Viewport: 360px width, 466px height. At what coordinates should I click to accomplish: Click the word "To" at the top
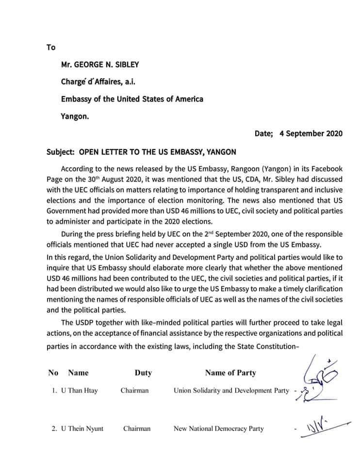point(51,48)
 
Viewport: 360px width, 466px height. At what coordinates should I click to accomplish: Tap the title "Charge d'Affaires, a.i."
point(95,82)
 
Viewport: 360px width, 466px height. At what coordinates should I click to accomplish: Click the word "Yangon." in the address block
point(75,116)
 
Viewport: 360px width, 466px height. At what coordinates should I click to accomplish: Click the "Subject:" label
point(60,152)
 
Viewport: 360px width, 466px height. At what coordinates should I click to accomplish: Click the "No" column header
point(53,373)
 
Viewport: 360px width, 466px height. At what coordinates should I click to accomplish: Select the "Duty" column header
point(143,373)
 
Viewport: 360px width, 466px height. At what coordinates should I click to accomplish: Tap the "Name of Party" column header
point(230,373)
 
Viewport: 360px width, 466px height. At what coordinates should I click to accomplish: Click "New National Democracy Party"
point(218,429)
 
